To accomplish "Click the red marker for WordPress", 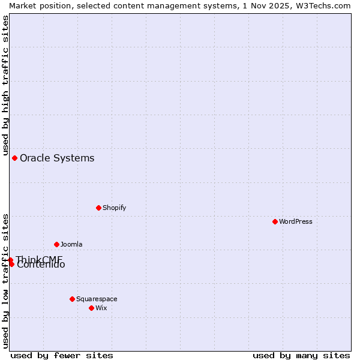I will [x=275, y=221].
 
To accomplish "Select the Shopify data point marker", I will [x=98, y=208].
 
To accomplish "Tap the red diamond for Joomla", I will [x=56, y=244].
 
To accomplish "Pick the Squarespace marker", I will [x=72, y=299].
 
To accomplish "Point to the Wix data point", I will [x=91, y=308].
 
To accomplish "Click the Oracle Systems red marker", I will [x=14, y=158].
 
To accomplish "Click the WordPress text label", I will [x=296, y=221].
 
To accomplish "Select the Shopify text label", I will [x=114, y=208].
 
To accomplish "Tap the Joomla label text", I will [x=71, y=244].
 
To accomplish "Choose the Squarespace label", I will [x=97, y=299].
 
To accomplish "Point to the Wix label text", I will [x=101, y=308].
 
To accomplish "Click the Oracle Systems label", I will [x=57, y=158].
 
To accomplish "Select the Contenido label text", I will [x=41, y=265].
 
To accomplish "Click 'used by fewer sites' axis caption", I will [x=62, y=355].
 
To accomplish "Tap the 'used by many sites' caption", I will [x=301, y=355].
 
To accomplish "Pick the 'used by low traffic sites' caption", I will [x=6, y=281].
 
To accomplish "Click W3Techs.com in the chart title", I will [x=325, y=5].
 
